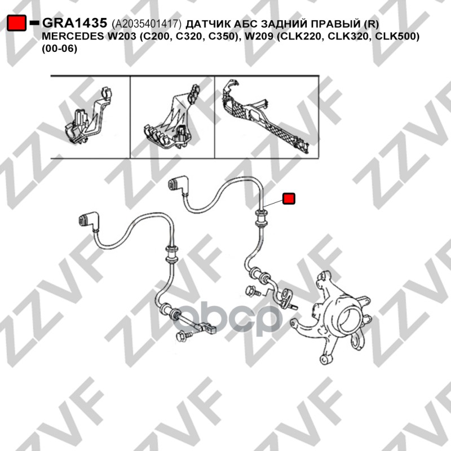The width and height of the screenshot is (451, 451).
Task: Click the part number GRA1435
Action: [x=74, y=23]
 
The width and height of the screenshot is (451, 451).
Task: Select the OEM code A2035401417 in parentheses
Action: [x=147, y=24]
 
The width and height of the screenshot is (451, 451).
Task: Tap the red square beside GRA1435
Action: [x=17, y=23]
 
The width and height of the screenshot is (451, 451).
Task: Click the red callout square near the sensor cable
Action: [x=289, y=198]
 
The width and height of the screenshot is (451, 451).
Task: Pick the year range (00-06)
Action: [x=60, y=48]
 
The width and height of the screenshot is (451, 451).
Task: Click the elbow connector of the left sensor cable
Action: [x=89, y=221]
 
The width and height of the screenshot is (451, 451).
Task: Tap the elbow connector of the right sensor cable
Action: [x=178, y=184]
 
